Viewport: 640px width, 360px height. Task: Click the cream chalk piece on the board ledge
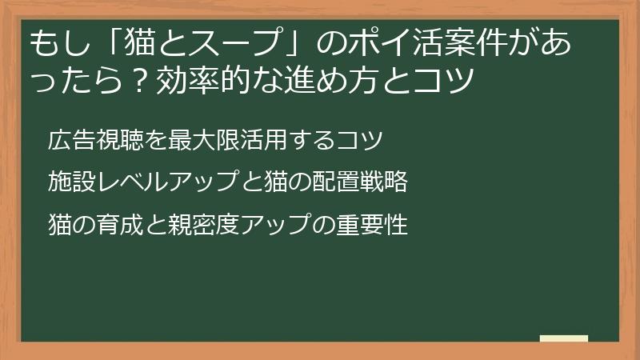point(563,338)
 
